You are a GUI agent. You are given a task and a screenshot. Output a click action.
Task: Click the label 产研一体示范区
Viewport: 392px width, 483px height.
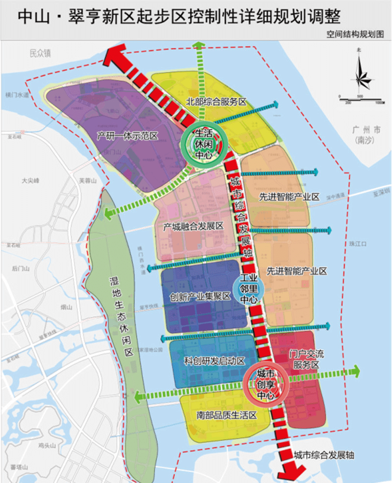(127, 136)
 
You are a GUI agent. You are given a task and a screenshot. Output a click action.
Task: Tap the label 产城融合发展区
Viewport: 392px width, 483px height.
(193, 226)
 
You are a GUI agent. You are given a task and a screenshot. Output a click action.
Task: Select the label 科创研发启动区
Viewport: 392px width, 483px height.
(207, 361)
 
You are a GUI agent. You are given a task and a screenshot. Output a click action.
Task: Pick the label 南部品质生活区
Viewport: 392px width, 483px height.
(220, 415)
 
